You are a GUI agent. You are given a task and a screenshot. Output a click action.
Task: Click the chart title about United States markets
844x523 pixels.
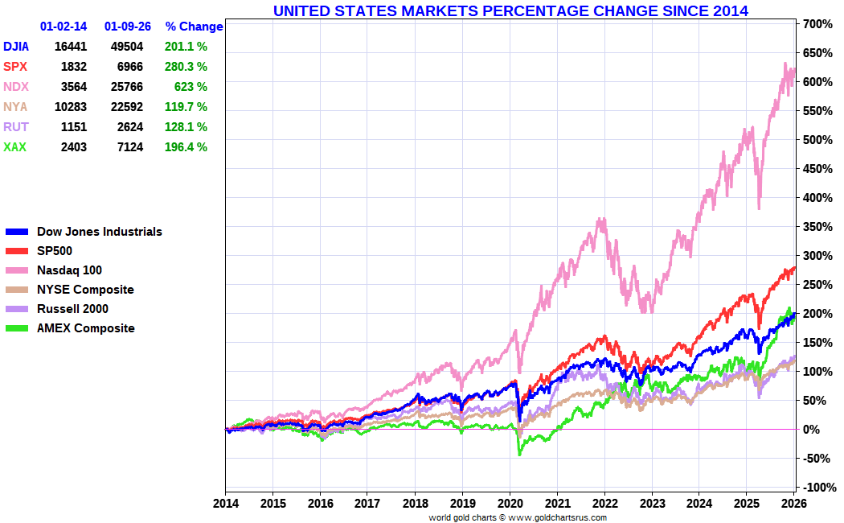point(510,10)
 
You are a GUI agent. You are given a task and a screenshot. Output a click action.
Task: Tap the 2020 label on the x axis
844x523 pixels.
point(510,503)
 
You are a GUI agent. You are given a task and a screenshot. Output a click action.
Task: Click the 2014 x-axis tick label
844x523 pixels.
point(225,503)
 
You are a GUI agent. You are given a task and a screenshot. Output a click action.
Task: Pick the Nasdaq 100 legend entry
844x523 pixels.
point(69,270)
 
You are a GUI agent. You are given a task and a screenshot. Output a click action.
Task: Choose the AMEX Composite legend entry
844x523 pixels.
point(85,328)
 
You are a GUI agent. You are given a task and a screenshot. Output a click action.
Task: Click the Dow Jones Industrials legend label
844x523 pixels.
point(99,232)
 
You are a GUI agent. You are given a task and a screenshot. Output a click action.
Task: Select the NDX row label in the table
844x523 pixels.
point(15,87)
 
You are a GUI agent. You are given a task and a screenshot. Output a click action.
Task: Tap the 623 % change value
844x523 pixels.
point(191,87)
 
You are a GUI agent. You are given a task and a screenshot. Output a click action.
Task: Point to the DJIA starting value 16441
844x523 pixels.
point(71,47)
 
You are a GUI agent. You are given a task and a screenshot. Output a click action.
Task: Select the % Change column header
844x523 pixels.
point(194,27)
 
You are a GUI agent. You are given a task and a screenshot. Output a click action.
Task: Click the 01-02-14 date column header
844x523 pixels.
point(64,27)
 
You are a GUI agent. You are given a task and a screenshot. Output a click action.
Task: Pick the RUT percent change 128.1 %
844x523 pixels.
point(185,127)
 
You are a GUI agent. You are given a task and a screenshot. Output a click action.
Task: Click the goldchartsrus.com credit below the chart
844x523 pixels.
point(518,517)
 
